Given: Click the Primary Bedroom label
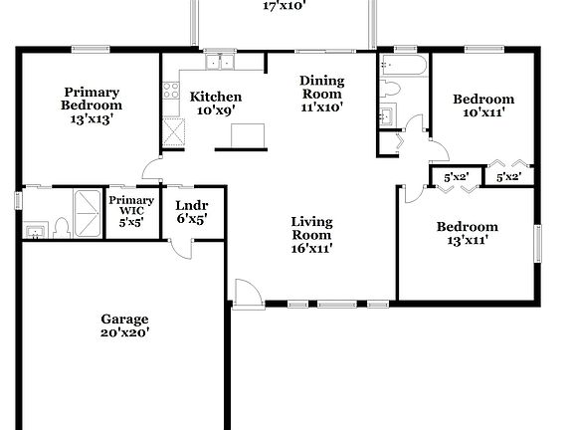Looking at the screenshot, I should pos(91,105).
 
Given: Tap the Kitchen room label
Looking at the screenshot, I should pos(215,104).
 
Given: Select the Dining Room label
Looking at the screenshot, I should pos(322,94).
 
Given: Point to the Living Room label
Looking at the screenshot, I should pos(310,235).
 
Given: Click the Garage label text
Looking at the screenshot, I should pos(124,325).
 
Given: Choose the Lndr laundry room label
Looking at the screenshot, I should pos(184,211).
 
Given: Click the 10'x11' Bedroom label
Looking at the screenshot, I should pos(483,106).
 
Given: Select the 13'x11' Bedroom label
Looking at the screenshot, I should pos(467,233).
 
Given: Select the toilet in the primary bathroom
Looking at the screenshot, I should pos(61,229).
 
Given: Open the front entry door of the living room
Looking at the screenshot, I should pos(245,293).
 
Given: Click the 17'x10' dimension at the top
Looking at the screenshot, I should pos(284,5).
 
